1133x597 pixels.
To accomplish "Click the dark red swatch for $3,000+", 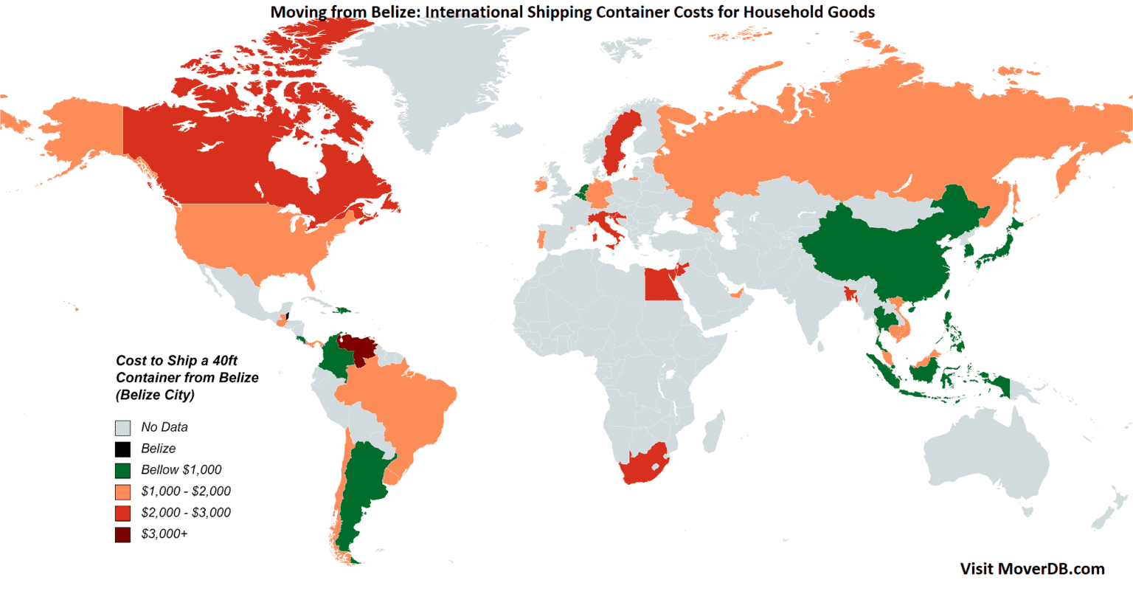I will click(x=122, y=534).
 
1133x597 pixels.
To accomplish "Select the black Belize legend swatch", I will click(x=122, y=449).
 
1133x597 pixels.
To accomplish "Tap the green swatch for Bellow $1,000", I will click(x=122, y=470).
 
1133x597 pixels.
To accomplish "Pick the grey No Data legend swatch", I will click(x=122, y=427).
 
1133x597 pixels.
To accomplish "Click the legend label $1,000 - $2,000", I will click(x=186, y=491).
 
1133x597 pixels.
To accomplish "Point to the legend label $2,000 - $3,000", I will click(x=186, y=513).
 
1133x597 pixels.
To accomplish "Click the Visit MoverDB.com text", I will click(x=1032, y=568).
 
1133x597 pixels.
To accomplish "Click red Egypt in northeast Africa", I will click(x=661, y=284).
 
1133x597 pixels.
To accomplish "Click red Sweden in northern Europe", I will click(x=618, y=140).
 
